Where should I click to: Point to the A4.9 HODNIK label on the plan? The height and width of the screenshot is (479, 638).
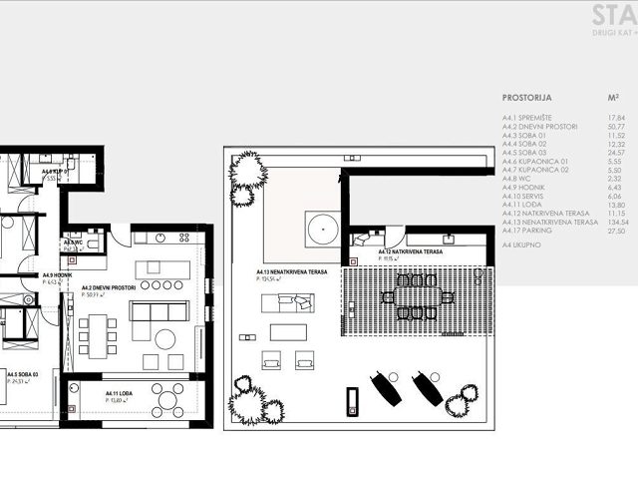58,274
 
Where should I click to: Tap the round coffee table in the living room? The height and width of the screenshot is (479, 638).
165,337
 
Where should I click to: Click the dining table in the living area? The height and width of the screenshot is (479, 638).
97,334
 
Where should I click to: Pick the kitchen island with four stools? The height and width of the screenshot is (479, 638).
160,269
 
